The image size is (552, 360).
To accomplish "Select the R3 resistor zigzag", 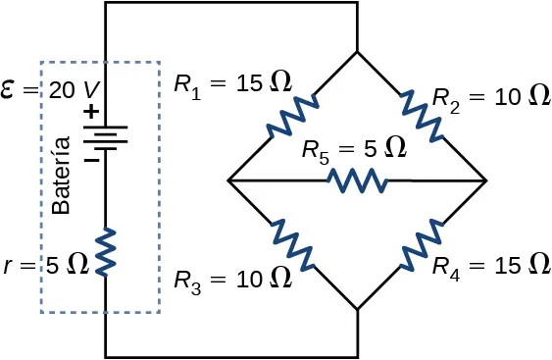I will [292, 246].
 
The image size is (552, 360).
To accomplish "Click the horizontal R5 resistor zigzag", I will [358, 181].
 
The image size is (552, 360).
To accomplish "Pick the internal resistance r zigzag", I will [105, 250].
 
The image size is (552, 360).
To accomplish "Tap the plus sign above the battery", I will [90, 112].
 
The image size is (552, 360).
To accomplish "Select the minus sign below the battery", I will [89, 158].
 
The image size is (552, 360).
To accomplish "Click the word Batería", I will [62, 177].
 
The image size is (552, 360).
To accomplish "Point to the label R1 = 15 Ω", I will [232, 83].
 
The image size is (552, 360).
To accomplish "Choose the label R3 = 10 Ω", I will [232, 279].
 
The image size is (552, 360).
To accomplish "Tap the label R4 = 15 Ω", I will [490, 265].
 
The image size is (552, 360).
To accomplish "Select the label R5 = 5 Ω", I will [353, 149].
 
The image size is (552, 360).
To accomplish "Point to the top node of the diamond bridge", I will [358, 51].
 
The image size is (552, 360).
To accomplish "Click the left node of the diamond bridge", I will [227, 181].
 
